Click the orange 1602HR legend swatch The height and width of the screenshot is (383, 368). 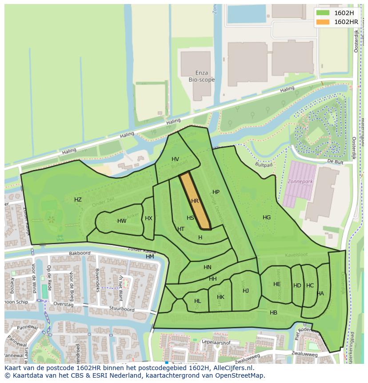point(324,21)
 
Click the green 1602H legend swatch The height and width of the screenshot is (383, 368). point(324,12)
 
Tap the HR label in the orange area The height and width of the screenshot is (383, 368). point(195,201)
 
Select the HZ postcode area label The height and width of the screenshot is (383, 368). point(78,200)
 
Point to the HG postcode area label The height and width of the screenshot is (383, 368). point(267,218)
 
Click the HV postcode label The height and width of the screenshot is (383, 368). point(175,159)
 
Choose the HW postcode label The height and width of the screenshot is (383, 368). point(122,221)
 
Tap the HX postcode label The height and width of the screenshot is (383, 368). point(148,218)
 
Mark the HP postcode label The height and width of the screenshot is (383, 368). point(216,192)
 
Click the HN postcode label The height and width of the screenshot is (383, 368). point(208,267)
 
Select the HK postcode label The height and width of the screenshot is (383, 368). point(220,297)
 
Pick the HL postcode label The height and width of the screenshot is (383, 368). point(197,301)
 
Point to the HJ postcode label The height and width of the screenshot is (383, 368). point(246,291)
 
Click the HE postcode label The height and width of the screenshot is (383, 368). point(277,284)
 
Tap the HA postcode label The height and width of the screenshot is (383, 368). point(320,294)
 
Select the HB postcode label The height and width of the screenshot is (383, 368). point(273,313)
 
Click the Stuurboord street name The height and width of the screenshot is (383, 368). point(122,309)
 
